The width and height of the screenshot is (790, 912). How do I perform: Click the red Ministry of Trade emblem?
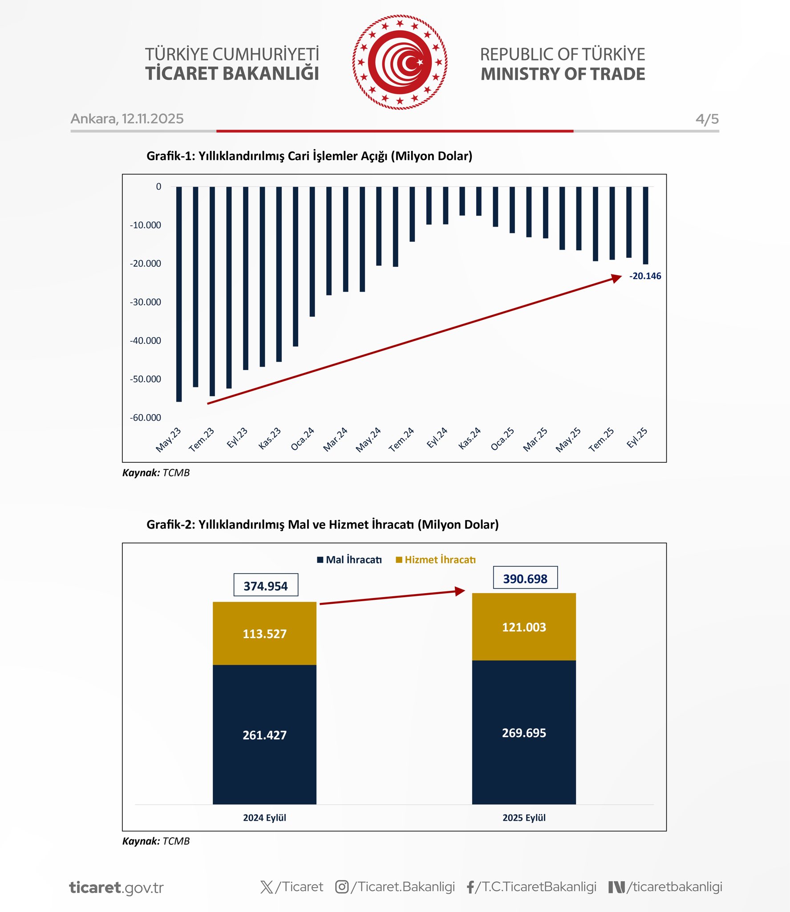[x=400, y=62]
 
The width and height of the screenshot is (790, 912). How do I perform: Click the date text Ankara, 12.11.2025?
[x=127, y=119]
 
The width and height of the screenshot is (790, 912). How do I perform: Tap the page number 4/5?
[x=707, y=119]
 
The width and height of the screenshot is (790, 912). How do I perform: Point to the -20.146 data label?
[x=644, y=276]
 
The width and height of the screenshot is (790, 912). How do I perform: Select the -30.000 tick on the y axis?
[x=146, y=302]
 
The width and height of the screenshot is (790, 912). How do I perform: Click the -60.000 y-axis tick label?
[x=146, y=418]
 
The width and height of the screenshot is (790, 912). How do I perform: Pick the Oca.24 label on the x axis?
[x=303, y=439]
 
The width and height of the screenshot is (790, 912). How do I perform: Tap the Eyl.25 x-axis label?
[x=637, y=438]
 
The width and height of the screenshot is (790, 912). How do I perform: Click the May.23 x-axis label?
[x=168, y=440]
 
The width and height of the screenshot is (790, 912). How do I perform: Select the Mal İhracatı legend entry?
[x=349, y=560]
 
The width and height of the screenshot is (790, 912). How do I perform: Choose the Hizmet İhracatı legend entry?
[x=436, y=560]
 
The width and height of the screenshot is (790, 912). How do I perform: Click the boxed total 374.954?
[x=266, y=586]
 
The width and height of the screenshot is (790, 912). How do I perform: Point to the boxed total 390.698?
[x=525, y=578]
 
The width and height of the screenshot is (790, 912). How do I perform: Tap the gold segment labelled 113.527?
[x=264, y=634]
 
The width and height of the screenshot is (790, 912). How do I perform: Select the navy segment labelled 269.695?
[x=524, y=733]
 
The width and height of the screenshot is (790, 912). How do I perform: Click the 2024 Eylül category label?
[x=264, y=818]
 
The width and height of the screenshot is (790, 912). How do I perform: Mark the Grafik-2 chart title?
[x=322, y=525]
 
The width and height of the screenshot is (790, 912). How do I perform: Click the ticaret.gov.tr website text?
[x=117, y=888]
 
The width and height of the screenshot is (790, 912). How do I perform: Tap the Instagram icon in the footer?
[x=341, y=887]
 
